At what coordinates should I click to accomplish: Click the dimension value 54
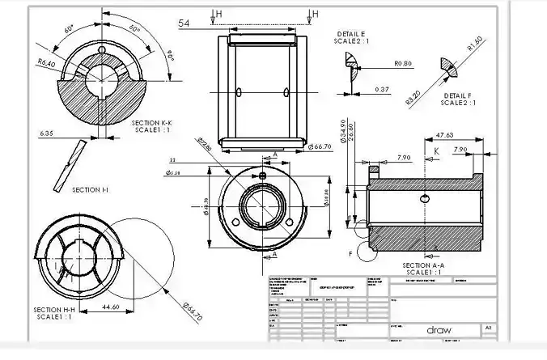pyautogui.click(x=184, y=24)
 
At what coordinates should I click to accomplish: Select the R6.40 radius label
pyautogui.click(x=46, y=62)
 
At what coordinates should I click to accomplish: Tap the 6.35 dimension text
pyautogui.click(x=47, y=133)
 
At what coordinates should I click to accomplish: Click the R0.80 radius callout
pyautogui.click(x=403, y=63)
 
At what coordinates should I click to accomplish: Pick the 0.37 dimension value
pyautogui.click(x=383, y=89)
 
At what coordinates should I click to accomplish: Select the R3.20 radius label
pyautogui.click(x=413, y=97)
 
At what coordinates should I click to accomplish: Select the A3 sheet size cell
pyautogui.click(x=488, y=328)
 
